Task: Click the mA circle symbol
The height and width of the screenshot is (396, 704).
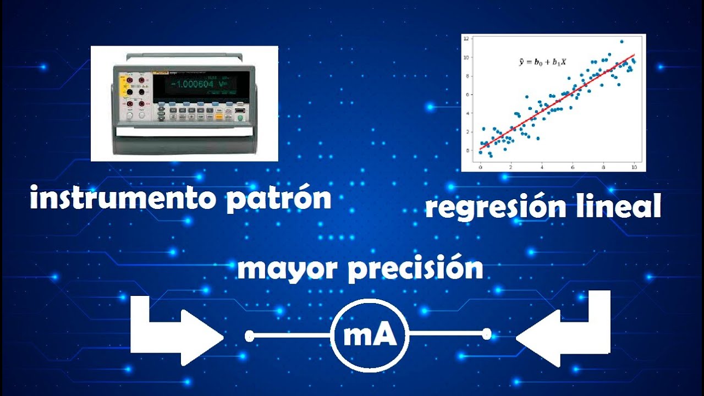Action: (x=370, y=335)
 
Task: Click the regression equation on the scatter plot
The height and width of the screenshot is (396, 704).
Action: (x=542, y=62)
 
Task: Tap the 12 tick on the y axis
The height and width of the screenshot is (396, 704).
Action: (x=466, y=38)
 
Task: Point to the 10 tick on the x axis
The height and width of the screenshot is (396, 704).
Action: (x=634, y=168)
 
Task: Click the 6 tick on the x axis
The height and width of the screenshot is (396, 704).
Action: (x=573, y=168)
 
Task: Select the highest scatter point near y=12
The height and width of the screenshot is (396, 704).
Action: (x=621, y=41)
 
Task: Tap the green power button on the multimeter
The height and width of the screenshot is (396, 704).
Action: (x=240, y=118)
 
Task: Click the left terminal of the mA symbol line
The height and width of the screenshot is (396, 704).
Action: (x=249, y=335)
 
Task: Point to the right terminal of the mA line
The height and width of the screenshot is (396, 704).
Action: (x=487, y=334)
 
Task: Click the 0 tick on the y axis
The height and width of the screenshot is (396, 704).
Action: (x=468, y=151)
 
